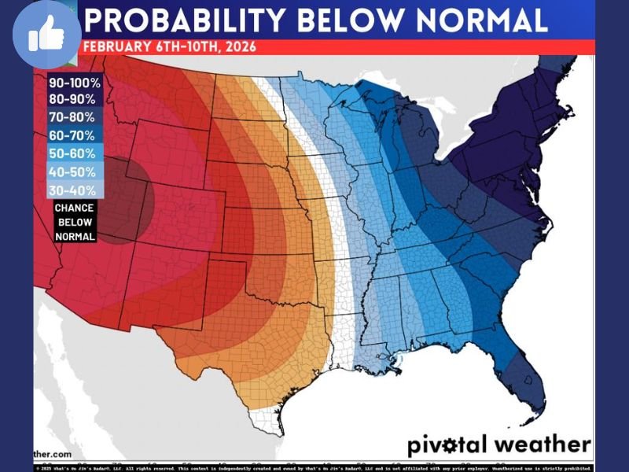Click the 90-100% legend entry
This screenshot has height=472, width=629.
click(x=75, y=82)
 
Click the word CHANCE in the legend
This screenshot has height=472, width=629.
click(x=75, y=208)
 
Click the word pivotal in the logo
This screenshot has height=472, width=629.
click(x=446, y=444)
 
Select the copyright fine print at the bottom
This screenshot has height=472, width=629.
click(x=314, y=467)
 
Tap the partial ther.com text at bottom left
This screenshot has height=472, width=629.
click(x=53, y=454)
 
